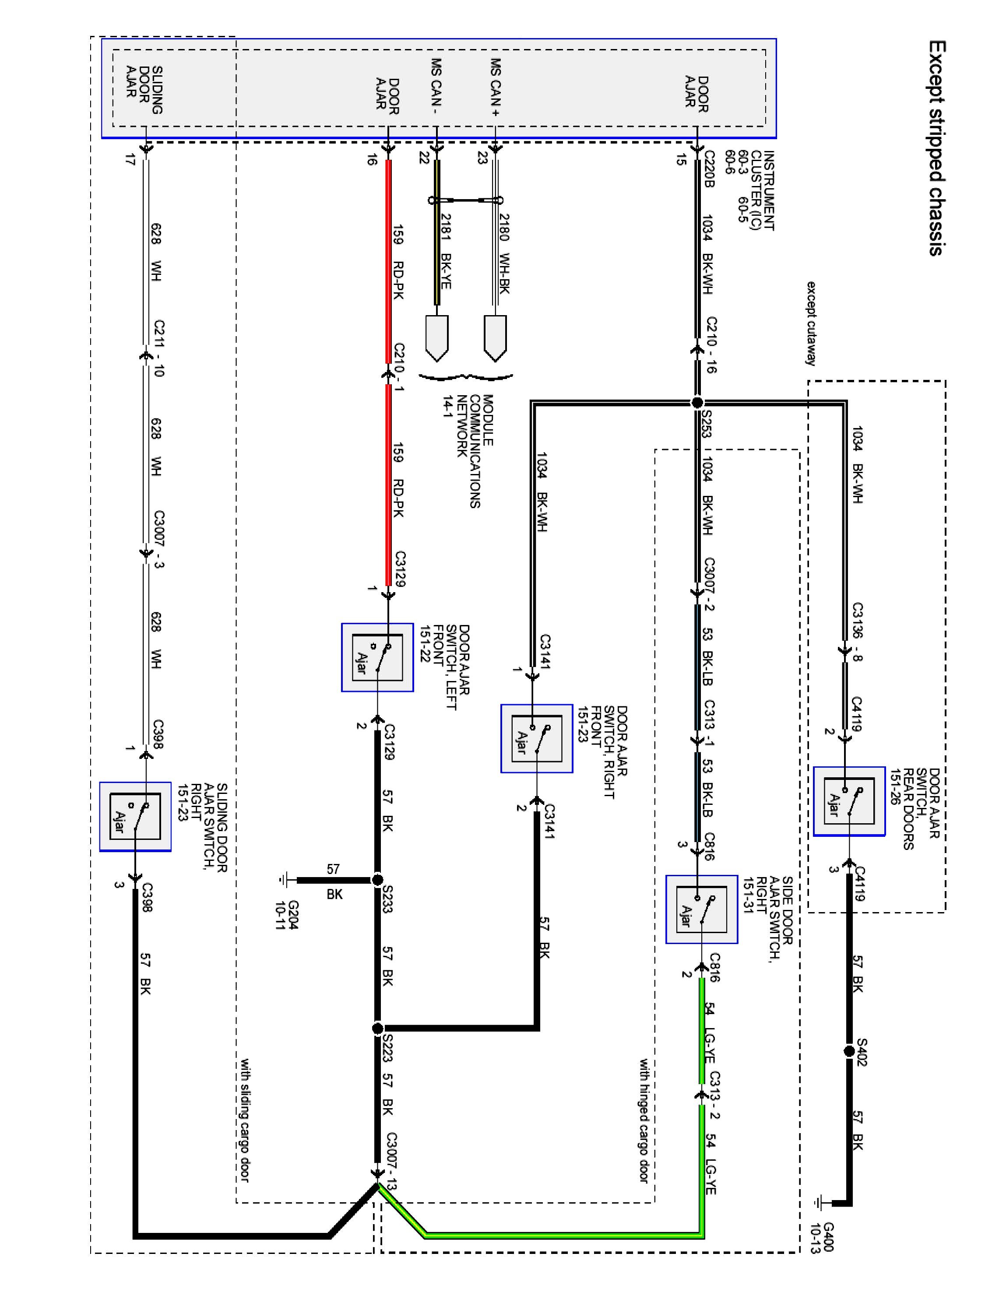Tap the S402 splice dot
(x=849, y=1051)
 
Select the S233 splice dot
(x=377, y=880)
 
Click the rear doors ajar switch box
(x=848, y=801)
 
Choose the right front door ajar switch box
(x=536, y=738)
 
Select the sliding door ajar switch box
(x=135, y=817)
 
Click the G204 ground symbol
(x=284, y=880)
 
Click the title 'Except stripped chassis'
(x=936, y=148)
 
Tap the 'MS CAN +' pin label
(x=495, y=87)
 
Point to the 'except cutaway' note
(x=811, y=323)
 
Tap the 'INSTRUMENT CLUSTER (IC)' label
(x=761, y=190)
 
